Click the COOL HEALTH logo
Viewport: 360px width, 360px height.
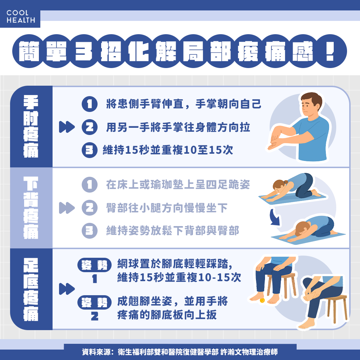[21, 17]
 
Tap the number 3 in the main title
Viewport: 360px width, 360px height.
[84, 51]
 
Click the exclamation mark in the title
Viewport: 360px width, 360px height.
[330, 51]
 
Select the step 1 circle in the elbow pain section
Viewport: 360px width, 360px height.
[90, 104]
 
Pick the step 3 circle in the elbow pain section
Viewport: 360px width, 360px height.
[90, 150]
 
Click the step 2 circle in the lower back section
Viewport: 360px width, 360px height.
[90, 208]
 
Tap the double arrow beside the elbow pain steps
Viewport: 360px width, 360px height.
[67, 127]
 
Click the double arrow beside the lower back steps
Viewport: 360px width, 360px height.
[67, 208]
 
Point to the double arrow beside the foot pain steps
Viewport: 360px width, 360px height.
[67, 289]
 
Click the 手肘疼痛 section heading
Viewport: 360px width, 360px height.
[31, 126]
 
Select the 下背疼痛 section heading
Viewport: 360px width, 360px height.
[31, 208]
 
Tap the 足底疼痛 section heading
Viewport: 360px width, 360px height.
[31, 289]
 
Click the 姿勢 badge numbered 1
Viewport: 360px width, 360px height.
[94, 265]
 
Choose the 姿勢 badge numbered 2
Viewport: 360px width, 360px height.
[94, 302]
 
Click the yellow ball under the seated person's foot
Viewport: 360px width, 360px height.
[262, 300]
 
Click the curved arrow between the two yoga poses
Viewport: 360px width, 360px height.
[275, 217]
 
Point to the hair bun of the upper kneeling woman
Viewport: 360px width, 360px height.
[285, 182]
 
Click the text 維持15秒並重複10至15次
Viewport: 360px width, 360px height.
[168, 150]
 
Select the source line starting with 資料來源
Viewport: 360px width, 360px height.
[180, 352]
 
